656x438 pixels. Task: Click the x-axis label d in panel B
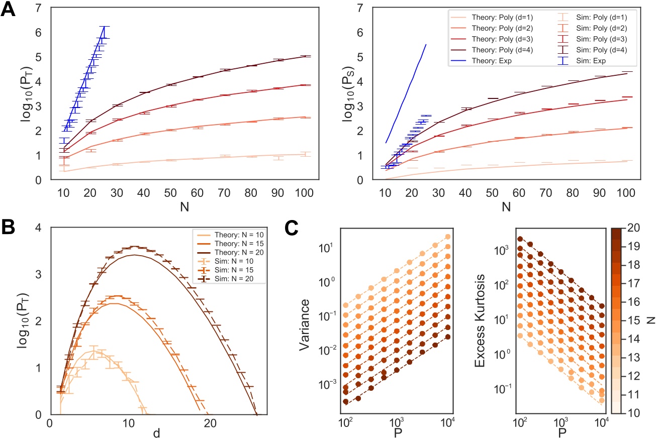point(157,432)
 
